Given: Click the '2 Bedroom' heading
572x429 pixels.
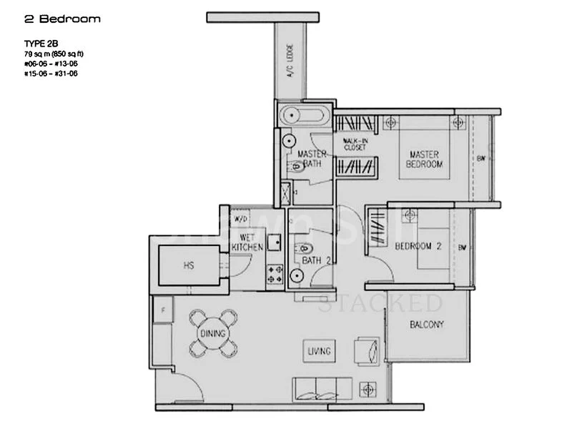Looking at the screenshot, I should pos(62,19).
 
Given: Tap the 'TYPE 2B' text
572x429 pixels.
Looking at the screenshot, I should pos(41,44).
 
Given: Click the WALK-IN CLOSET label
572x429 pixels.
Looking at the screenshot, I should pos(355,144).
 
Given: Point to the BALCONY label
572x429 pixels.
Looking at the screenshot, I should pos(427,325).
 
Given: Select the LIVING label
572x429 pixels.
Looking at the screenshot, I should pos(319,351).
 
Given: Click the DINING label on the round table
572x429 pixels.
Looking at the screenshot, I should pos(213,334).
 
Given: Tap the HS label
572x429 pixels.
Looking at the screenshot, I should pos(189,265).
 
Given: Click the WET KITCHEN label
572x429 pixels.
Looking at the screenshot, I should pos(247,242).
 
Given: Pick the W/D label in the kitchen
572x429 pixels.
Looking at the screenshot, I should pos(240,219).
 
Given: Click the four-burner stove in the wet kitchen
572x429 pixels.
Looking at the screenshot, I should pos(275,273).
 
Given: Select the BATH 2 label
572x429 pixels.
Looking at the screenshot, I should pos(315,262).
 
